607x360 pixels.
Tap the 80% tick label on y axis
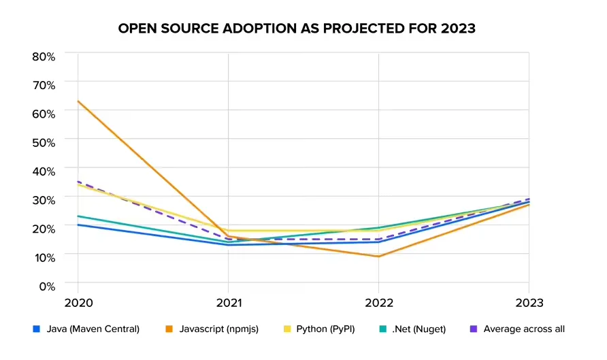[44, 56]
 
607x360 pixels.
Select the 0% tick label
[46, 285]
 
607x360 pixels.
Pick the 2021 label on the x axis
[228, 302]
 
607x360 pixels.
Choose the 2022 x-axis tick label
[378, 302]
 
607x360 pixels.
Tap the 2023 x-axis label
[529, 302]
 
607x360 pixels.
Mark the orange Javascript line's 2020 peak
[78, 101]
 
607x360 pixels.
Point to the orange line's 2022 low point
[378, 257]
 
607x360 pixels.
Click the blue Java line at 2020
[78, 225]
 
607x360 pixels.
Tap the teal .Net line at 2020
[78, 216]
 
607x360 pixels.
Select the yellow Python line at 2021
[228, 231]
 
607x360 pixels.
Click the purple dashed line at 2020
[78, 182]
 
